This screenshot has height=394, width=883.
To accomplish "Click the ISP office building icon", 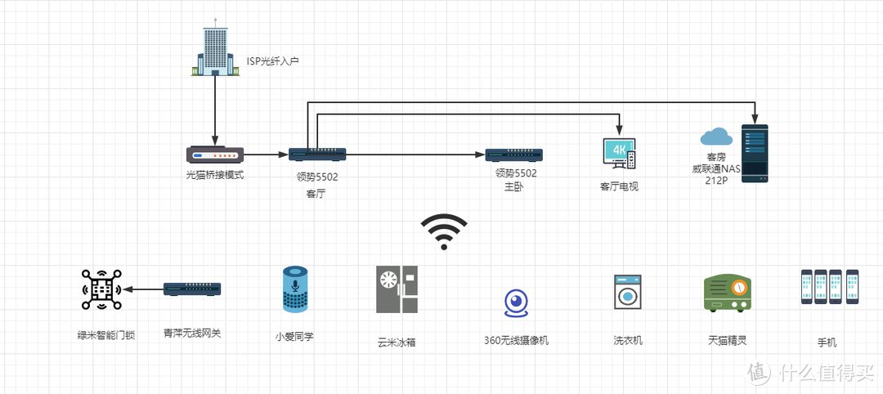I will coord(215,48).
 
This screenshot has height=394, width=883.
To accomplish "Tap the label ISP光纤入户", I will coord(272,61).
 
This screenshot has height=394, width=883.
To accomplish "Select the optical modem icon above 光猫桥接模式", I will coord(215,154).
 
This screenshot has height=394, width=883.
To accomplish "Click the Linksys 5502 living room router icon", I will coord(317,154).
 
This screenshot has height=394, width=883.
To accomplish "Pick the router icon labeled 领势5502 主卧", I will coord(515,154).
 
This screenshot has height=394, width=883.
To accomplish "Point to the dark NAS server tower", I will coord(755,153).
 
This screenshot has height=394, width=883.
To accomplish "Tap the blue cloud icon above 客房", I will coord(715,136).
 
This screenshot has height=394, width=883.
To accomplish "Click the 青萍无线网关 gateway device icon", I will coord(192,289).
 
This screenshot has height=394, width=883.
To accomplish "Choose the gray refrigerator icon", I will coord(397,289).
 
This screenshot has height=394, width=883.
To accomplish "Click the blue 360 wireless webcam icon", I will coord(516,302).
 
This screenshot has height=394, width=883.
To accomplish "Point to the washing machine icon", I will coord(627,291).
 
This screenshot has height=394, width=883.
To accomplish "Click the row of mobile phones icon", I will coord(829,287).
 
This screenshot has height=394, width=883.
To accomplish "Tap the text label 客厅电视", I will coord(619,186).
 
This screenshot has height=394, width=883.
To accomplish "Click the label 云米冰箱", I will coord(397,342).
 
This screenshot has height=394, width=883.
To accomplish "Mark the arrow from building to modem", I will coord(215,110).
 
